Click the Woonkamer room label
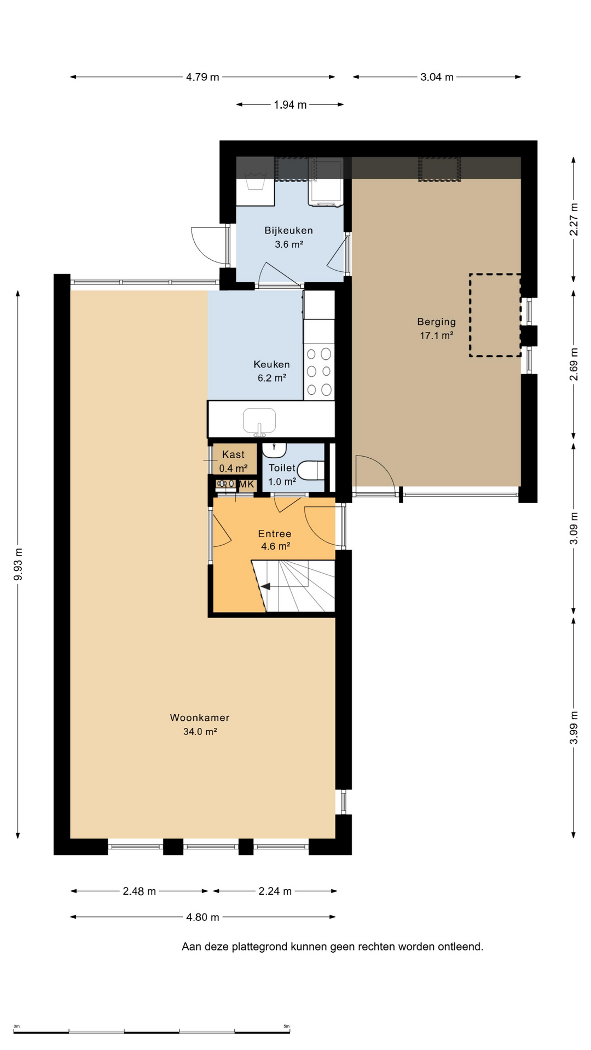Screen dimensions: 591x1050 200,717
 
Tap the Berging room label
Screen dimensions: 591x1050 436,322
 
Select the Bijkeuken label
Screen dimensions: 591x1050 289,231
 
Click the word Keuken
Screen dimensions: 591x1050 271,364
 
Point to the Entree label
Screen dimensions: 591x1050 275,534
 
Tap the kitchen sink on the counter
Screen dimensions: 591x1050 259,420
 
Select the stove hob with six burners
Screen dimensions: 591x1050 319,371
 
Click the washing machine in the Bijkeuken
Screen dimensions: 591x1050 326,183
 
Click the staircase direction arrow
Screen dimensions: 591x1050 265,586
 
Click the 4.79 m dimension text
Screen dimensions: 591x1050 202,77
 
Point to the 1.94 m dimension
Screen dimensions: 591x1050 290,104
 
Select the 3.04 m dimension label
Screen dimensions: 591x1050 437,77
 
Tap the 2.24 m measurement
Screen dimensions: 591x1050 275,891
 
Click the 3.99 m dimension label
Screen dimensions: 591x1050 573,727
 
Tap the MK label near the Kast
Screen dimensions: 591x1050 247,484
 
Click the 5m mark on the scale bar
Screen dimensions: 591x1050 286,1026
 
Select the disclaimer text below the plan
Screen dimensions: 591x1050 333,947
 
